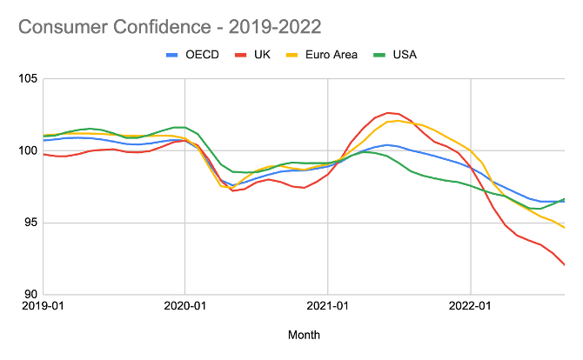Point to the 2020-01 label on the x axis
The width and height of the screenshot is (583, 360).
(x=184, y=307)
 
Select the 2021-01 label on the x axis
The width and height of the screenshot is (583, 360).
(x=327, y=307)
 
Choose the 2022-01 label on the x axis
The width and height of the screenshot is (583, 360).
(x=470, y=307)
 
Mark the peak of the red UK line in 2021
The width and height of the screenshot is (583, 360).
(x=388, y=113)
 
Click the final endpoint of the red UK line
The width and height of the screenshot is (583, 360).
(x=564, y=264)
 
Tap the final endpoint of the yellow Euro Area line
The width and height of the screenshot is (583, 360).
(x=564, y=228)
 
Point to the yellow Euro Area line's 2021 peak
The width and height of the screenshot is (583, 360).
(x=399, y=121)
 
